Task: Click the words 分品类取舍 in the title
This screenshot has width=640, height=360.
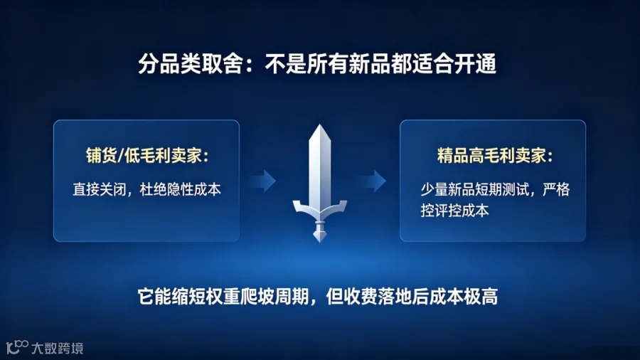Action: click(190, 64)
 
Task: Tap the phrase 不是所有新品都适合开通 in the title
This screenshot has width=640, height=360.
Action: click(380, 64)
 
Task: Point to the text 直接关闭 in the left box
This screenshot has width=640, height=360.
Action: click(99, 189)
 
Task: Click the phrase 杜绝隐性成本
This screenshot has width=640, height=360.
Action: click(180, 189)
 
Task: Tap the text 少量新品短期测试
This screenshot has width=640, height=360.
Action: click(475, 189)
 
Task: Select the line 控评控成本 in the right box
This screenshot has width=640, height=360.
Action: click(454, 211)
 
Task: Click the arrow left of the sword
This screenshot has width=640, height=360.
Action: click(263, 181)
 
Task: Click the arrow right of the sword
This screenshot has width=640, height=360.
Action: click(373, 181)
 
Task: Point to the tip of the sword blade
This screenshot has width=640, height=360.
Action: click(319, 125)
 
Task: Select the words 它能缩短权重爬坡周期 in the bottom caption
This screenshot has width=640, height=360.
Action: click(223, 297)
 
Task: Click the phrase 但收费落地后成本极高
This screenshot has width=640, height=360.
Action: click(412, 297)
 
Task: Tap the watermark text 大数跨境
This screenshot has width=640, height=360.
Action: click(58, 348)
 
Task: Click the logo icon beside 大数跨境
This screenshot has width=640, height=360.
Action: click(17, 347)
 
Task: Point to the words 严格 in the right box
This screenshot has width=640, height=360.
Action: click(556, 189)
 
